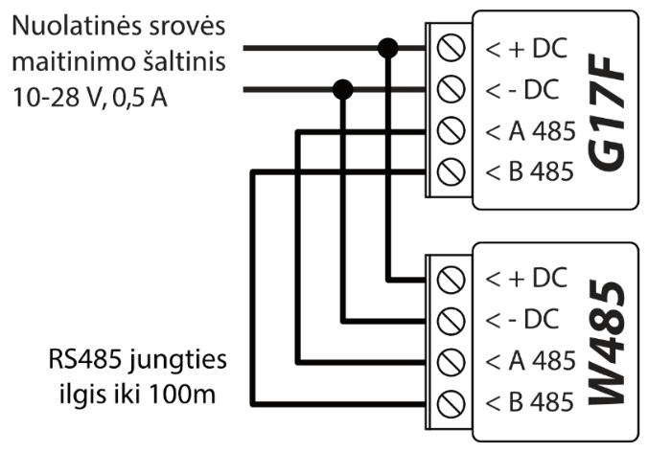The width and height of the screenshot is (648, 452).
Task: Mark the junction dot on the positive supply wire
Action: (x=388, y=47)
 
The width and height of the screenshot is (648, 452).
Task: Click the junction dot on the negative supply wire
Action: (x=342, y=90)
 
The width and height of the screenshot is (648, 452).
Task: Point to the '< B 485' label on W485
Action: (x=530, y=402)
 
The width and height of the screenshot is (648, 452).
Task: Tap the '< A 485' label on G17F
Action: (x=530, y=130)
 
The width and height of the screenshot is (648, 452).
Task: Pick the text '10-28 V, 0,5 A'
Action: (x=89, y=97)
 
